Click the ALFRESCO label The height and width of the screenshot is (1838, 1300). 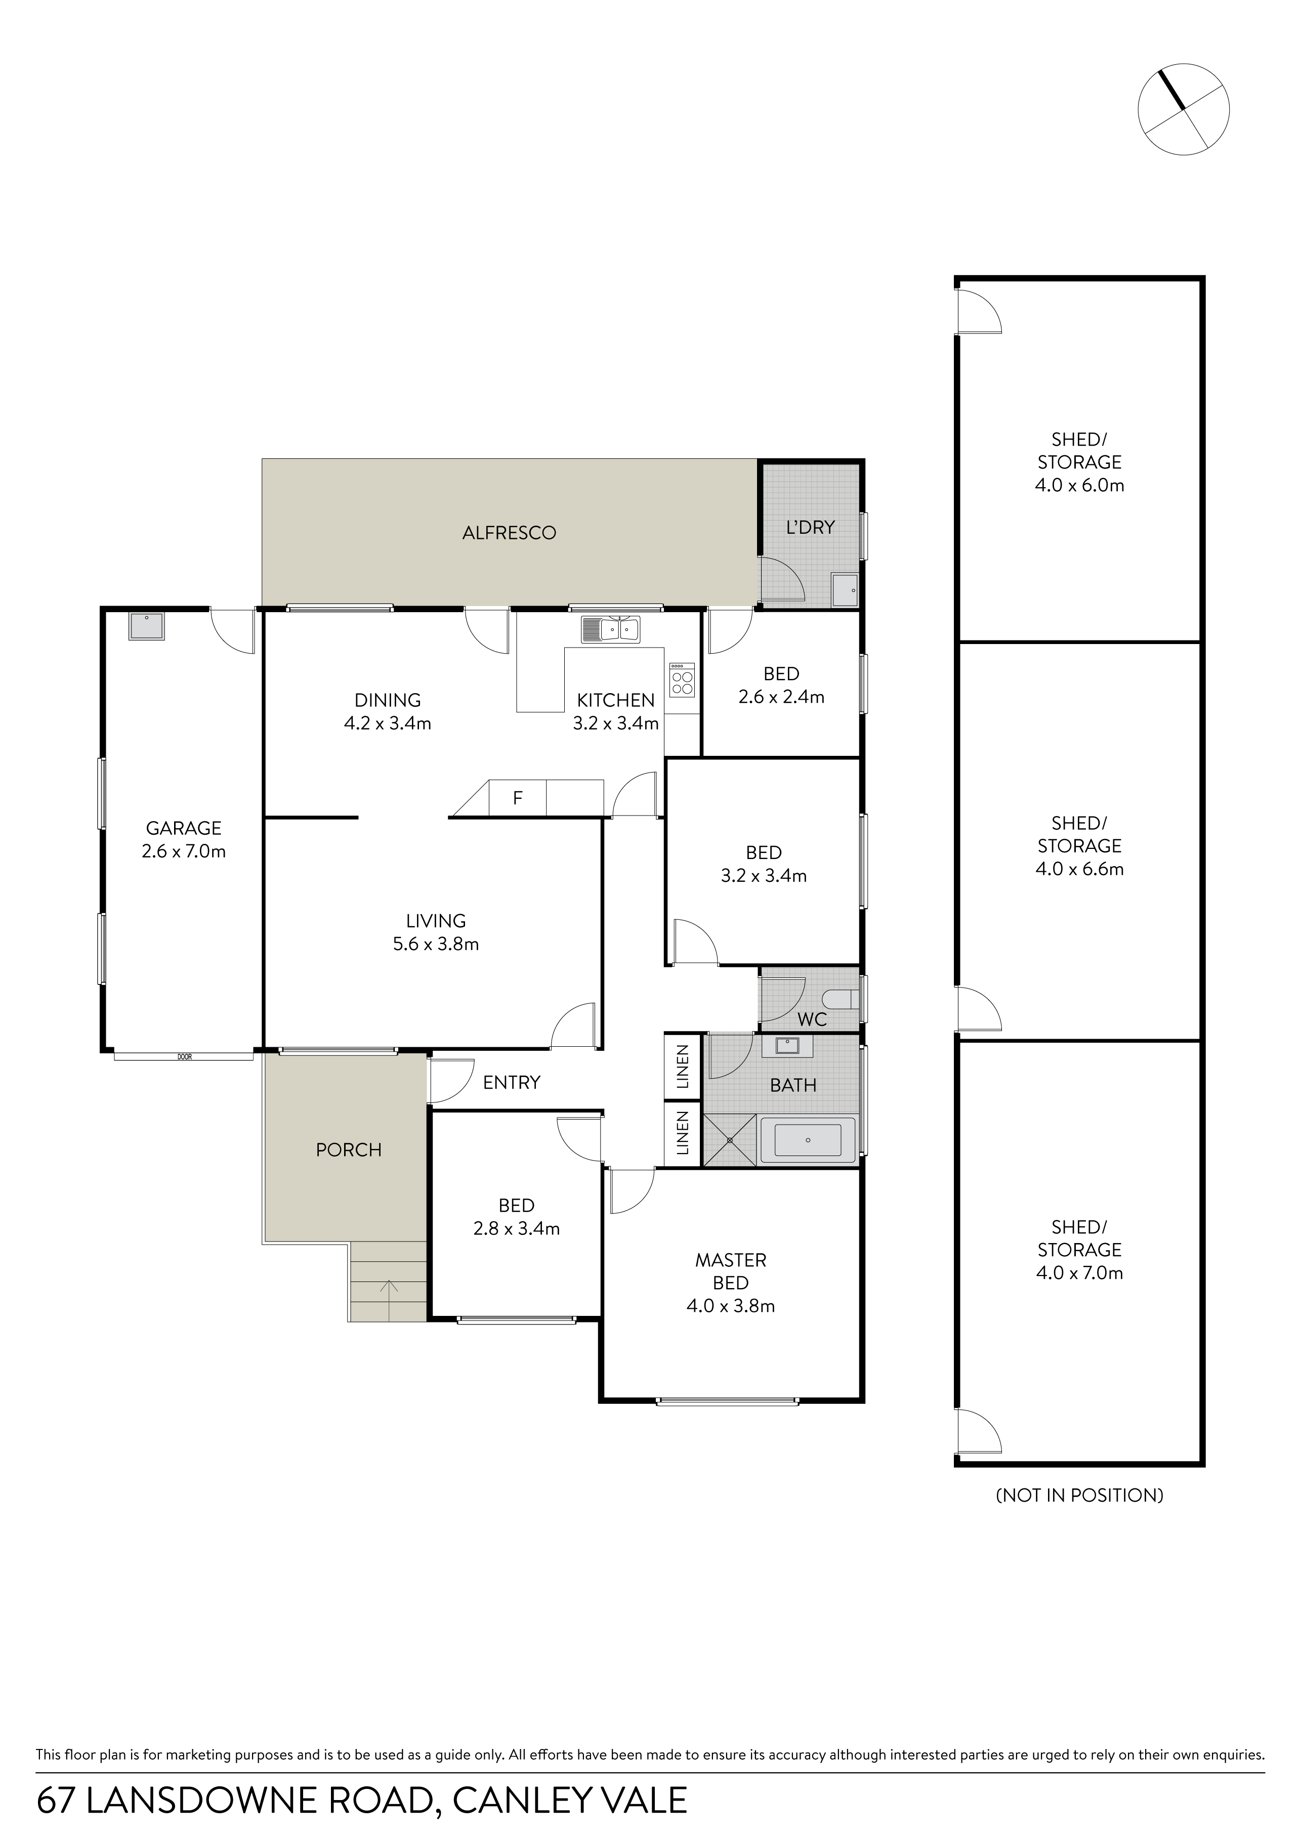coord(509,533)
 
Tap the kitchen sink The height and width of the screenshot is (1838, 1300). coord(611,629)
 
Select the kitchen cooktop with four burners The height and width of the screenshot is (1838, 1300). coord(683,678)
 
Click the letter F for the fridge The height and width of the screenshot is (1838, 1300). coord(518,798)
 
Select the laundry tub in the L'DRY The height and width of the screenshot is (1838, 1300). coord(845,590)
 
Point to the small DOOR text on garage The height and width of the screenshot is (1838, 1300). coord(185,1057)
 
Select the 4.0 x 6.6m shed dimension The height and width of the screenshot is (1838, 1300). coord(1080,869)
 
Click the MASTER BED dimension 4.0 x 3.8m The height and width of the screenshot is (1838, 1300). coord(731,1306)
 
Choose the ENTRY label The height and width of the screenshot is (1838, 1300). coord(512,1082)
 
